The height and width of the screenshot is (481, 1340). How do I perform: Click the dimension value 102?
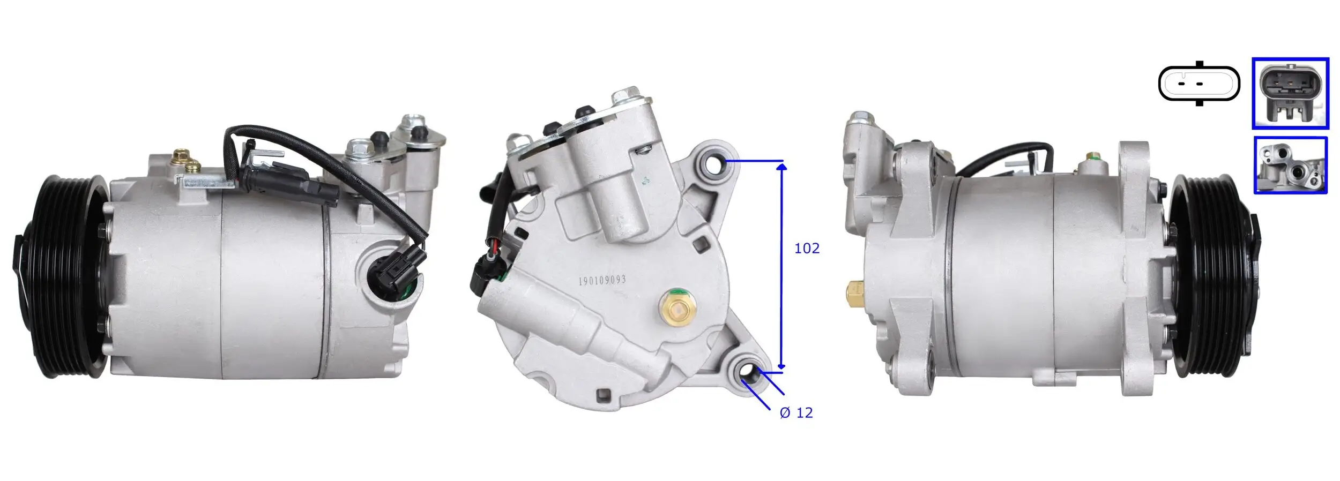(807, 249)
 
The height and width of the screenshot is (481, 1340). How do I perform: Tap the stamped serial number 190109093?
(602, 281)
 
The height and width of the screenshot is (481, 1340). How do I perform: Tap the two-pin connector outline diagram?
(1198, 84)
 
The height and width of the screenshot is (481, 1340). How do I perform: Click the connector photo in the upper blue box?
(1290, 93)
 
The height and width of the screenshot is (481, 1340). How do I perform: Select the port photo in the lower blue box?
(1290, 165)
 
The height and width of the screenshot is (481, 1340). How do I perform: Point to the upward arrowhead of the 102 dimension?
(782, 167)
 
